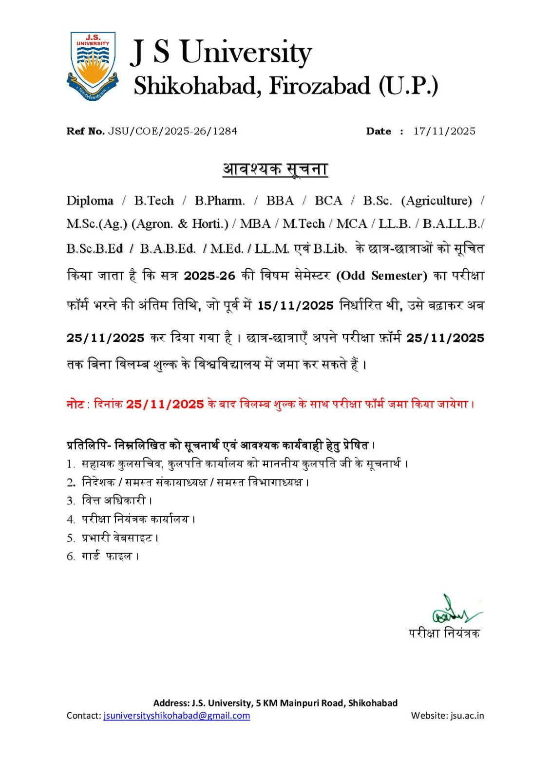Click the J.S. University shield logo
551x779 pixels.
point(93,66)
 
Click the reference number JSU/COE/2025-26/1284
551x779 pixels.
point(172,131)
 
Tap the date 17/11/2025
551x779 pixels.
point(444,131)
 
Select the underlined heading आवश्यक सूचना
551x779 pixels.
point(275,169)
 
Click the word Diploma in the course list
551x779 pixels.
point(90,201)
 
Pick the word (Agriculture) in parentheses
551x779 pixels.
point(437,201)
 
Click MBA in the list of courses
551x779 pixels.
point(255,224)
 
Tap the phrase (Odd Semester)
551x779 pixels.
point(381,276)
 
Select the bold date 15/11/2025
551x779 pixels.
point(295,306)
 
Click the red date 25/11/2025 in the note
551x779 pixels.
point(165,404)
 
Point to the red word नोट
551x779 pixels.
point(75,404)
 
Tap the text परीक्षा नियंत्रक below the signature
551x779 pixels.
point(444,633)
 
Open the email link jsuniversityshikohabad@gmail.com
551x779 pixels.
point(176,716)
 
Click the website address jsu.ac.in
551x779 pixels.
point(467,716)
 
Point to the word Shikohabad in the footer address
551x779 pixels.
point(373,703)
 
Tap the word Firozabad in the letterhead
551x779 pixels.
point(320,86)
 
